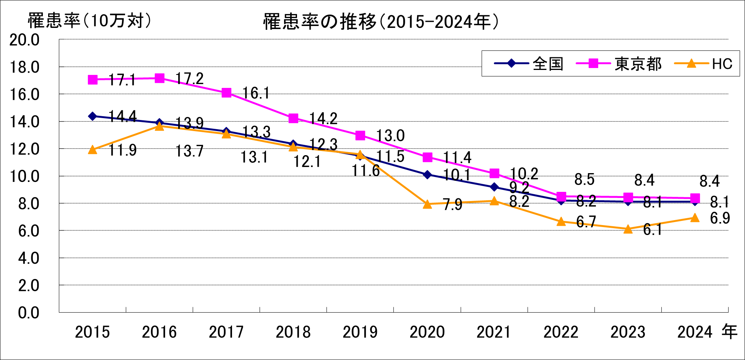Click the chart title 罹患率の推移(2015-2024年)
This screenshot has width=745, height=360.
(x=381, y=22)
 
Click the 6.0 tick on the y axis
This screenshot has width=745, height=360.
(x=29, y=231)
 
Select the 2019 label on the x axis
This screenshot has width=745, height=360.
(x=360, y=332)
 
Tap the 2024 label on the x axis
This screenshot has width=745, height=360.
(x=695, y=332)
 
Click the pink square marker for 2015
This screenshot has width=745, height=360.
(x=93, y=79)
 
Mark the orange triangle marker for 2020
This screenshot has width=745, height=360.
(x=427, y=204)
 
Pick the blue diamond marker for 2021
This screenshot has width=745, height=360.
(x=494, y=187)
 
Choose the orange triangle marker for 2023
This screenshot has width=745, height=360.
(x=628, y=229)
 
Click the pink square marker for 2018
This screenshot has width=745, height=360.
(x=293, y=118)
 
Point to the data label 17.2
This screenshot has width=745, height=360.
(x=189, y=79)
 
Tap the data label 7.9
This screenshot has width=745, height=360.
(x=453, y=205)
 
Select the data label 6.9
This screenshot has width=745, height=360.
(x=720, y=218)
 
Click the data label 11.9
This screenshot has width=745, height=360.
(x=122, y=150)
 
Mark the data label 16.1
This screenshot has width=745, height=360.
(x=256, y=93)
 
